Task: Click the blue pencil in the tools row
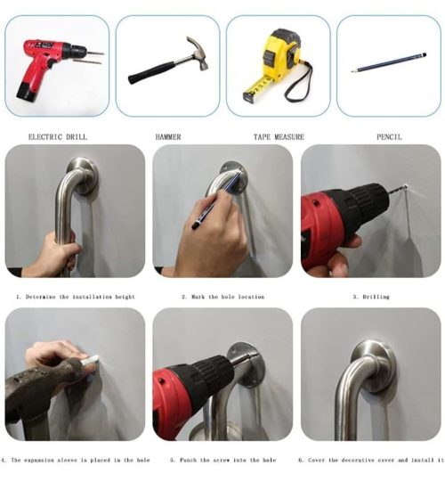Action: [389, 62]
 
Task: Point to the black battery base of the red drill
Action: [27, 92]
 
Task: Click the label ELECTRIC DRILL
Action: [58, 137]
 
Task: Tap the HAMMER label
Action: [168, 137]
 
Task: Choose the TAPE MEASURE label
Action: [279, 137]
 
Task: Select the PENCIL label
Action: [390, 137]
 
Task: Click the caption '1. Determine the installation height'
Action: [76, 297]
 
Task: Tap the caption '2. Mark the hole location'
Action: [223, 297]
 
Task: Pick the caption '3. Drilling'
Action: [371, 297]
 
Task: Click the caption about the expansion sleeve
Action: [76, 461]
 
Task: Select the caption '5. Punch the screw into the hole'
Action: [223, 461]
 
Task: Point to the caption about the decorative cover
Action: [371, 461]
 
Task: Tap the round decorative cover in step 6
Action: [374, 366]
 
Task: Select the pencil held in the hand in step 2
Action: [215, 201]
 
